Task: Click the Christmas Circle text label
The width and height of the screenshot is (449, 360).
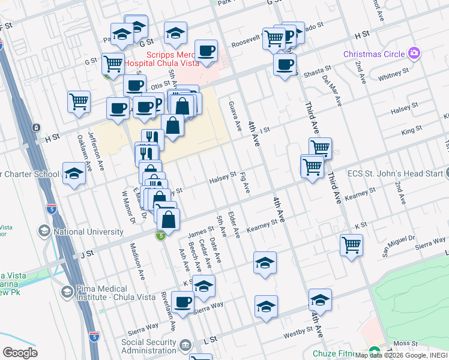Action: pos(374,54)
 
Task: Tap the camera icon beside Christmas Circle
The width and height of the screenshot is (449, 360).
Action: pos(413,54)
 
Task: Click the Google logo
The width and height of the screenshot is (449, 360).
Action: pos(20,352)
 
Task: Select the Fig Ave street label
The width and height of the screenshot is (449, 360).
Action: pos(244,183)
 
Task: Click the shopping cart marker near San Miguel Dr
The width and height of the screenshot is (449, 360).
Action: pos(351,244)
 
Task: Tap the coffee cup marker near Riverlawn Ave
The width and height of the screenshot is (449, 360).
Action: pos(182,302)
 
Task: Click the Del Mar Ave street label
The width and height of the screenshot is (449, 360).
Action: pos(332,88)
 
